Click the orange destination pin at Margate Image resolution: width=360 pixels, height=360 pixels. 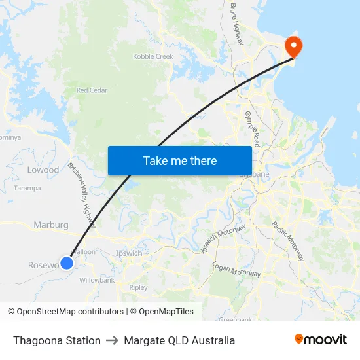point(293,45)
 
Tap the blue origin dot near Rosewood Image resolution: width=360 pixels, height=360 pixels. point(67,263)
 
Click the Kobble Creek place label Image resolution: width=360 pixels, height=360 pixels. point(153,57)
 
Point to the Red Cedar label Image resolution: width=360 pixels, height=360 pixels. point(91,90)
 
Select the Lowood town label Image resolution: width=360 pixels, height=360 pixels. point(43,170)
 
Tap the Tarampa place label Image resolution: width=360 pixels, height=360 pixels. point(27,188)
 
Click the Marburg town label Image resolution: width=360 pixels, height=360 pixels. point(51,225)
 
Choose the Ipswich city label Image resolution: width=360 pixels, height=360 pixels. point(128,253)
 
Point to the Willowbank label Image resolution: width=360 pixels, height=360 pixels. point(97,280)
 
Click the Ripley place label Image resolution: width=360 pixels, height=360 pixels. point(139,287)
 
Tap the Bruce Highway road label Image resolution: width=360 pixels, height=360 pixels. point(236,24)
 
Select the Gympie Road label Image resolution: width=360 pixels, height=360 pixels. point(252,128)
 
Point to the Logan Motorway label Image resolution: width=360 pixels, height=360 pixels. point(236,268)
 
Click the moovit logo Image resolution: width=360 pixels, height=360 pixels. point(320,340)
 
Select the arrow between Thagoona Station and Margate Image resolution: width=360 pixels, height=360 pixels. point(112,340)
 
